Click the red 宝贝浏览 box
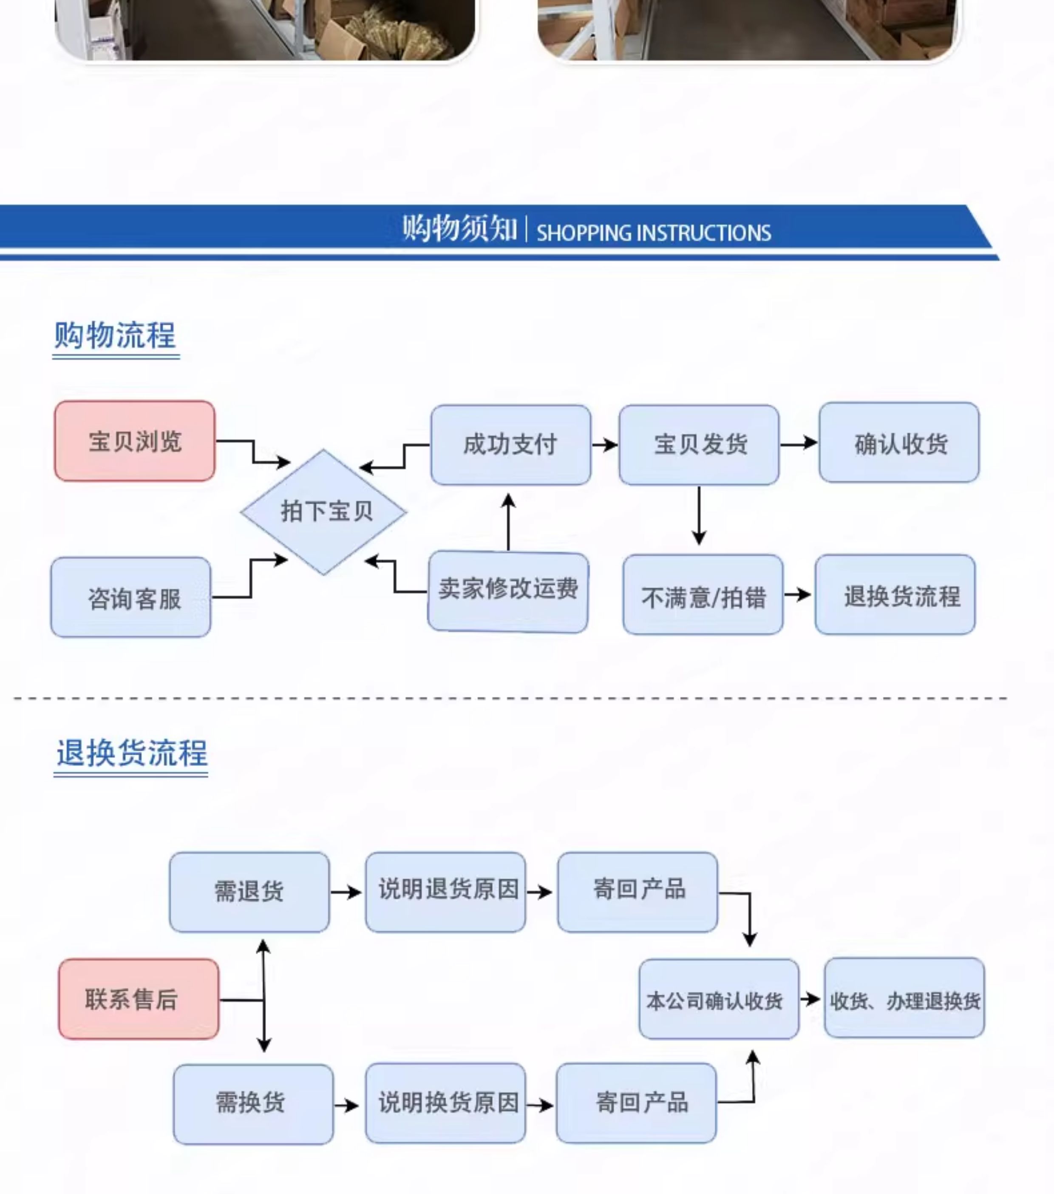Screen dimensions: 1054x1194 pos(135,441)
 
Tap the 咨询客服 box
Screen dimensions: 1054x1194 pos(131,597)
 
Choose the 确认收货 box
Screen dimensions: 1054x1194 pos(899,442)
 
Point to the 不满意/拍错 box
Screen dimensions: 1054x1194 pos(703,595)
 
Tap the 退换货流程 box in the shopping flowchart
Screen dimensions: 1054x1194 pos(895,595)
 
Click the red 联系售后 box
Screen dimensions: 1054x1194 pos(139,999)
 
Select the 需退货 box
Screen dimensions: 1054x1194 pos(249,892)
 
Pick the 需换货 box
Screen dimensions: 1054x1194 pos(253,1104)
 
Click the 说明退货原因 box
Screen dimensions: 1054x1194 pos(445,892)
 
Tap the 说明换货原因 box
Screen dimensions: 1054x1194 pos(445,1103)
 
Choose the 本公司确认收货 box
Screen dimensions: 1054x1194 pos(719,999)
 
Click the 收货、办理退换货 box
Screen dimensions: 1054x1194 pos(904,998)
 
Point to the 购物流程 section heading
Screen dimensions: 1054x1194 pos(115,335)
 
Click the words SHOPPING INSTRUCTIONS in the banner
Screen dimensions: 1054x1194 pos(654,233)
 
